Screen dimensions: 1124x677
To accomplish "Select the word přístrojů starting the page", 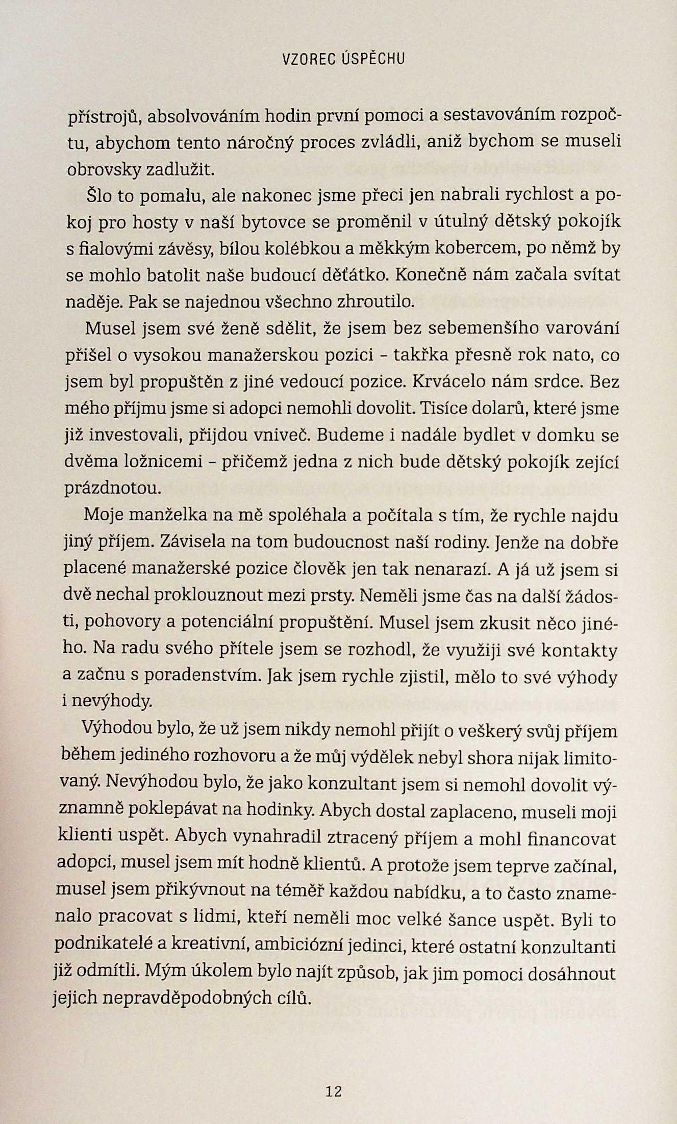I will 104,117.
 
